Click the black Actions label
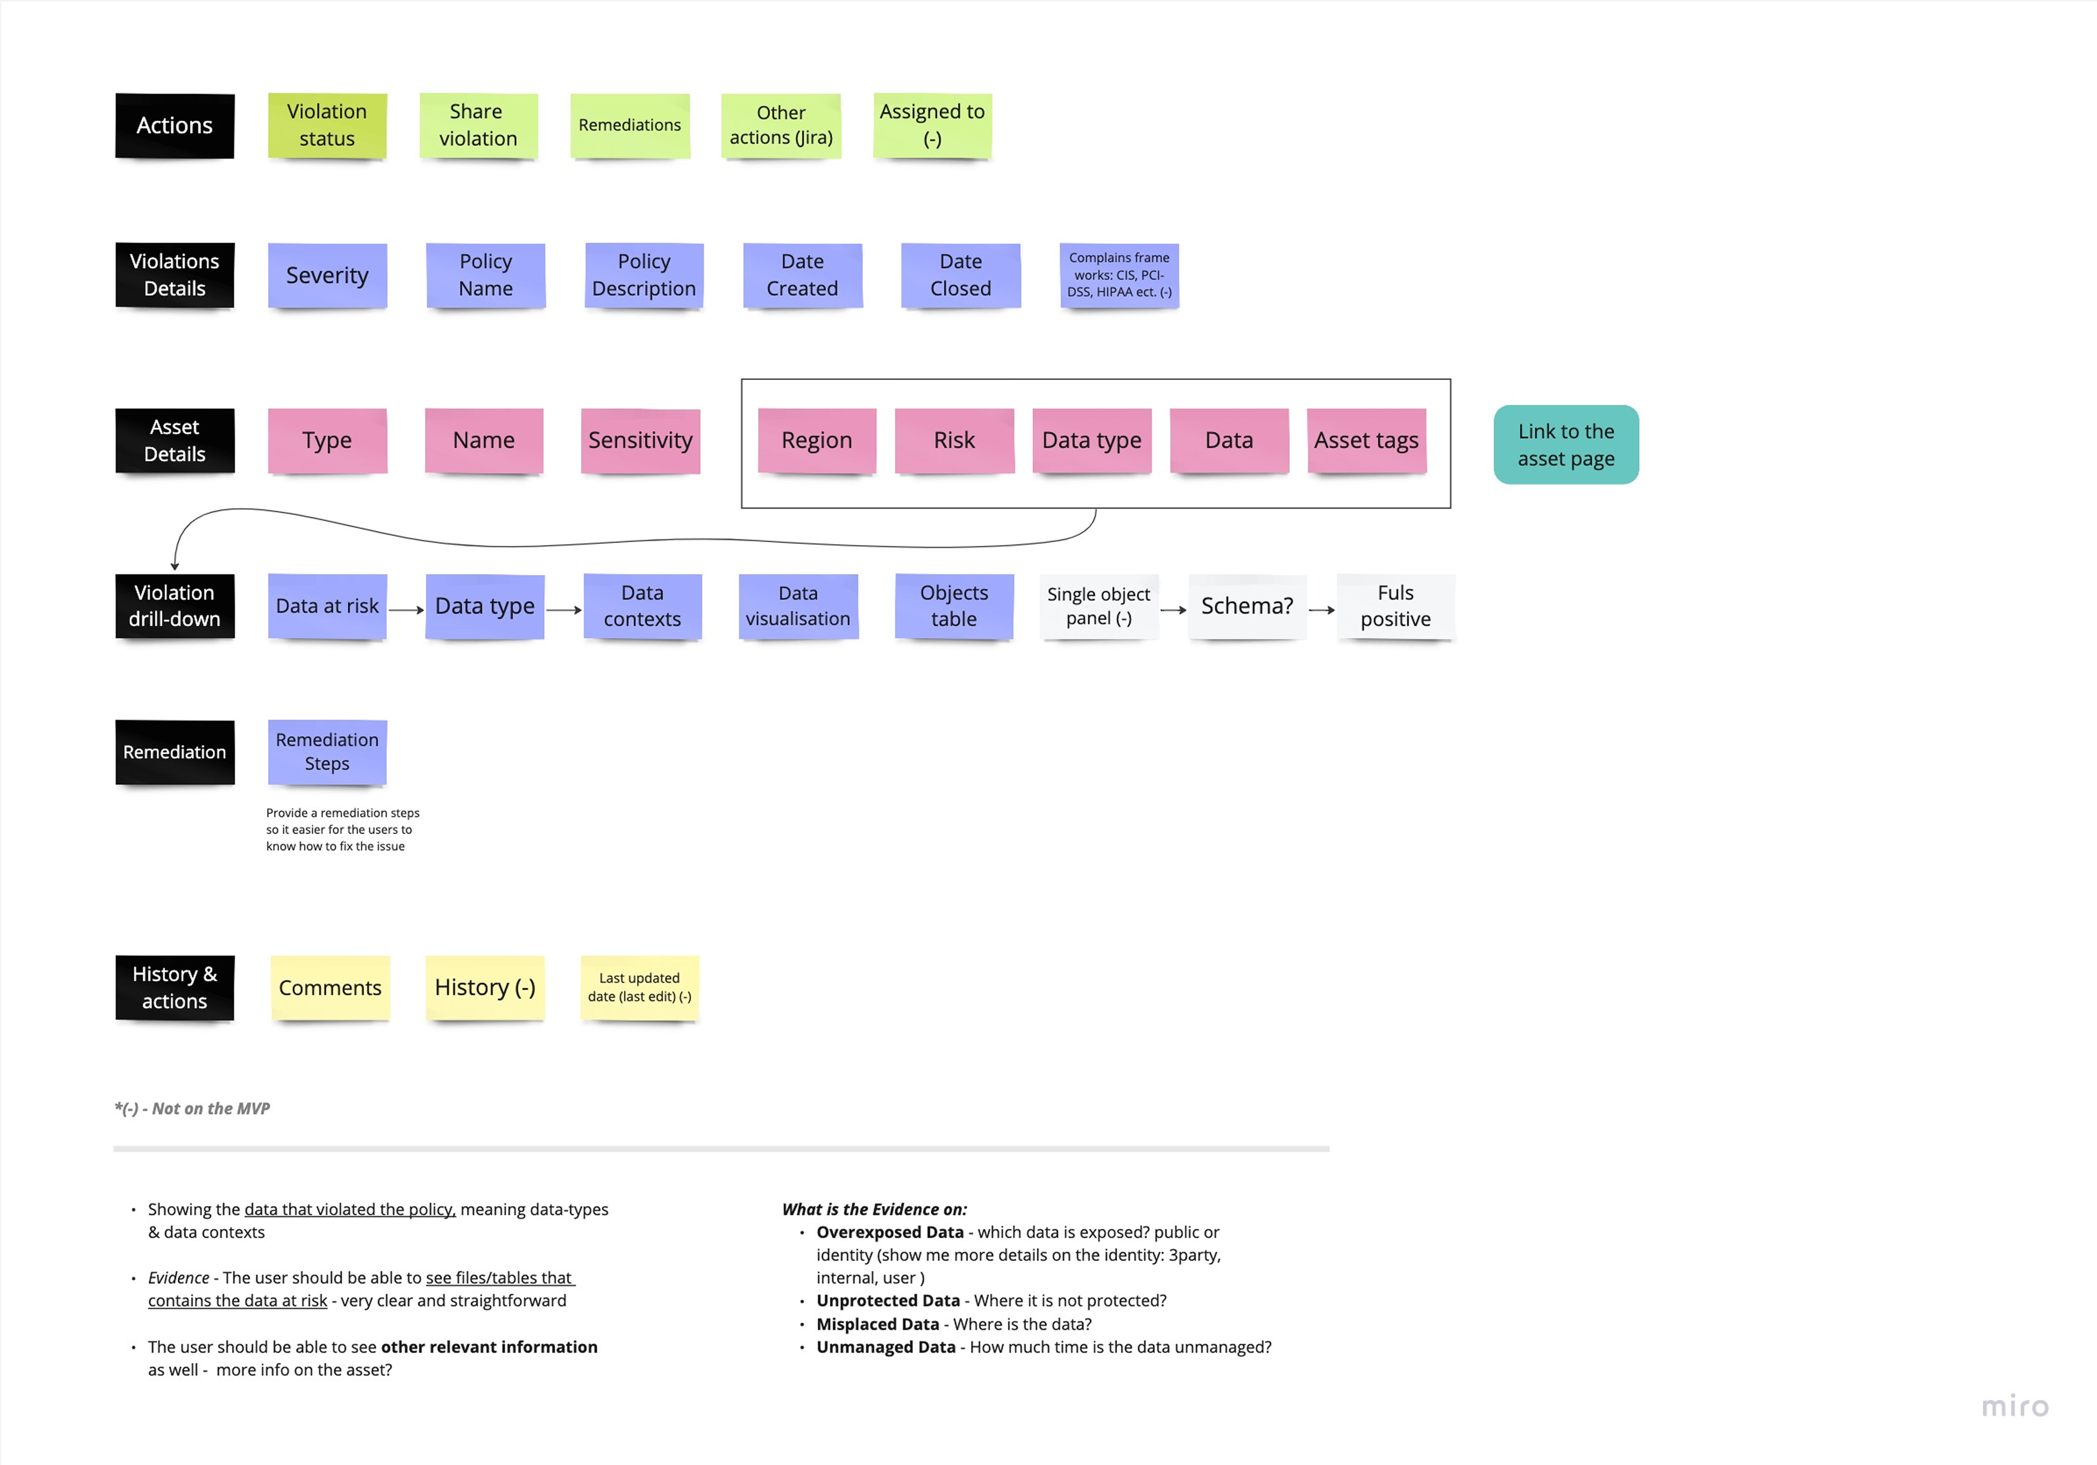point(174,125)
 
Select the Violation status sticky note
point(327,125)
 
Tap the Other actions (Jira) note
point(781,125)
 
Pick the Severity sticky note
point(327,275)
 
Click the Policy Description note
point(644,275)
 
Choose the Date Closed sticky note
point(961,275)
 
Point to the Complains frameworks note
point(1119,275)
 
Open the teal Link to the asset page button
point(1566,445)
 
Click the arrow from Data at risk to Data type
point(406,609)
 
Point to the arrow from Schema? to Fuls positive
point(1322,609)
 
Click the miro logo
point(2015,1407)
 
